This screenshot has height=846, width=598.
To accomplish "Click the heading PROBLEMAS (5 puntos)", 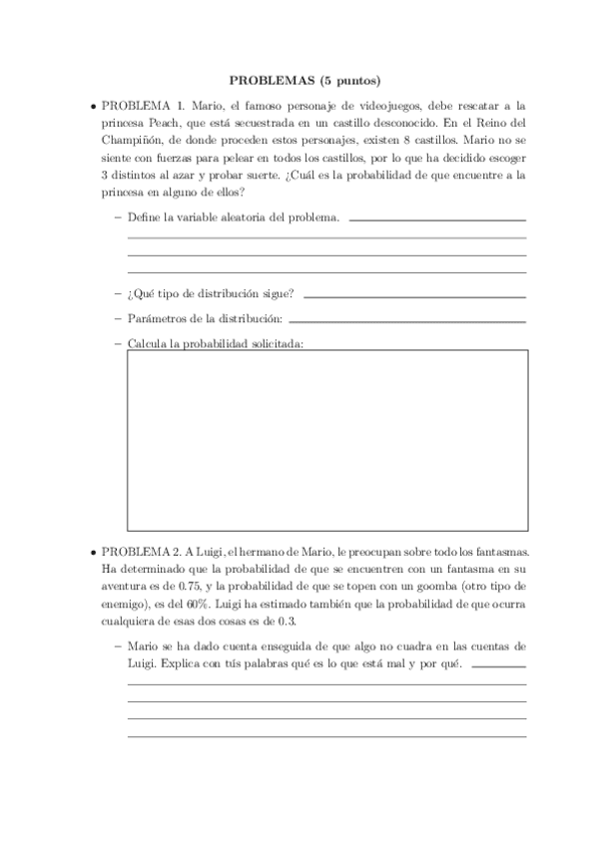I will (x=299, y=80).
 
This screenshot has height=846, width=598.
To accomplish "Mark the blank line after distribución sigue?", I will (x=414, y=296).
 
